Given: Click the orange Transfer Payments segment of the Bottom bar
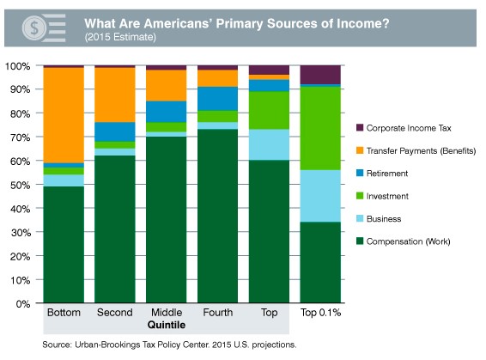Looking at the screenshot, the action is tap(64, 115).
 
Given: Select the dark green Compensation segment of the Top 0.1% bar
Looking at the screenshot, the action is tap(320, 262).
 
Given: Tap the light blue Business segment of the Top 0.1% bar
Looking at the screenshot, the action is tap(320, 196).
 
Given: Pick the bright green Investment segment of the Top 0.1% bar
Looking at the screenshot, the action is tap(320, 128).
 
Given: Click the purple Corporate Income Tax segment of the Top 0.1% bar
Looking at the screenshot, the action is tap(320, 75).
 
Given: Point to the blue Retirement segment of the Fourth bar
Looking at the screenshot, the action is tap(217, 99).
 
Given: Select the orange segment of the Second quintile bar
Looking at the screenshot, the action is tap(115, 95).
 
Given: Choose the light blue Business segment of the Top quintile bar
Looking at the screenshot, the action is tap(269, 145).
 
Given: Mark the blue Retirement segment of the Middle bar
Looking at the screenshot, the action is tap(167, 112).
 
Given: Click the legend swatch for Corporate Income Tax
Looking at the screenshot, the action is tap(360, 127).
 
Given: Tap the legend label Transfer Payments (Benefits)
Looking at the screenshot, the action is tap(421, 151).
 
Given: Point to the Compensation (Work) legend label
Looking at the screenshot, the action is tap(408, 241).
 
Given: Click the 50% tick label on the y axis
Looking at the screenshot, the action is tap(21, 185).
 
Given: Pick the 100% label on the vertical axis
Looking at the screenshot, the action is tap(18, 66).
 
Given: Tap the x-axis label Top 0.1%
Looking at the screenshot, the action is tap(321, 313).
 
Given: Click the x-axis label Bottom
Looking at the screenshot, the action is tap(64, 312).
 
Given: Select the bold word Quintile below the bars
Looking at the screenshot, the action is tap(167, 325).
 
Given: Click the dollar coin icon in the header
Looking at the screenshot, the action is tap(34, 27).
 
